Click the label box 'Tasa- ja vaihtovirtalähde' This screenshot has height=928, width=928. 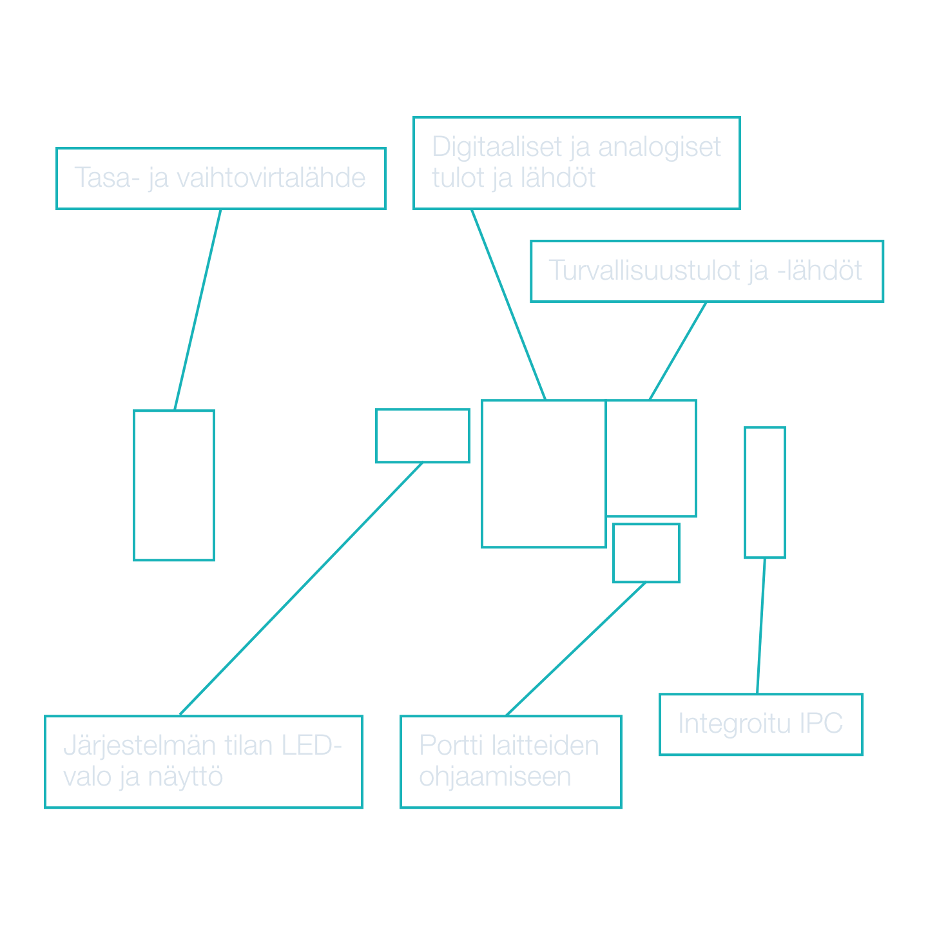(220, 179)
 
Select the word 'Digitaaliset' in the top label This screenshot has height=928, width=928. (497, 148)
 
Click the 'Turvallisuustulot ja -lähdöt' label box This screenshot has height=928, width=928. (706, 271)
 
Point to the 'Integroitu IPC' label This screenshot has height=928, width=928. (760, 724)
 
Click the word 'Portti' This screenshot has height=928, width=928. (451, 746)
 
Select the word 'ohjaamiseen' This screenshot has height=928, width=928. (495, 777)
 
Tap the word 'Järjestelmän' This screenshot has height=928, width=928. (139, 746)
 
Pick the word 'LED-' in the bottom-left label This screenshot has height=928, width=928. (312, 746)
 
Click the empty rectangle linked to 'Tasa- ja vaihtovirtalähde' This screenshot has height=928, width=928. (174, 485)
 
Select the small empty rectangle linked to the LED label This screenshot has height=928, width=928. (423, 436)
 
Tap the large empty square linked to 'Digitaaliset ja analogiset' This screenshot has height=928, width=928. (543, 474)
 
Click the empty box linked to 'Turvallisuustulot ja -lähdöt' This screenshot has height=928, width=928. (651, 458)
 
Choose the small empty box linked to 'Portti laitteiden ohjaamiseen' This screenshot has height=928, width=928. (646, 554)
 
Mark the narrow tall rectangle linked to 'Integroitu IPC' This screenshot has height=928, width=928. (765, 492)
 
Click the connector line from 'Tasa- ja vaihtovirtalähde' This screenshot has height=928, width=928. (198, 309)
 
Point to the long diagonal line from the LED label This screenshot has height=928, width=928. (300, 589)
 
